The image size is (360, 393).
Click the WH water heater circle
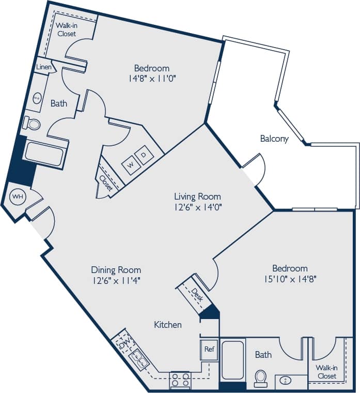click(18, 196)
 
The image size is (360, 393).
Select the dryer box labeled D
click(144, 154)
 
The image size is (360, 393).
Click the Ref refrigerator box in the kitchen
click(209, 350)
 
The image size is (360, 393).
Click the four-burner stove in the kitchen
click(180, 380)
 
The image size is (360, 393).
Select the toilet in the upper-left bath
click(33, 124)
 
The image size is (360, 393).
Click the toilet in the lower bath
click(261, 377)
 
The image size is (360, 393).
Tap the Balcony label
click(274, 139)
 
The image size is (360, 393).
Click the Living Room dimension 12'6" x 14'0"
click(197, 207)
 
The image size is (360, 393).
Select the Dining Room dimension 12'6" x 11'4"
click(116, 280)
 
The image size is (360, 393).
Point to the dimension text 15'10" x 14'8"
click(290, 279)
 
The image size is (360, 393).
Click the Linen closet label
click(43, 67)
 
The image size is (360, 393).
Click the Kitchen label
click(168, 325)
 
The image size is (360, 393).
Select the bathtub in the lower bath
click(232, 360)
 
